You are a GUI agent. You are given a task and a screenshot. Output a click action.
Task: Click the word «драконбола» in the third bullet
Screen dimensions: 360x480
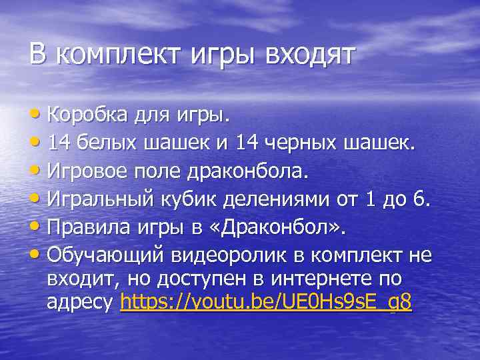(x=247, y=171)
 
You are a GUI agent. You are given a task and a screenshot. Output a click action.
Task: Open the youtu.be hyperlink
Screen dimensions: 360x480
(x=265, y=303)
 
